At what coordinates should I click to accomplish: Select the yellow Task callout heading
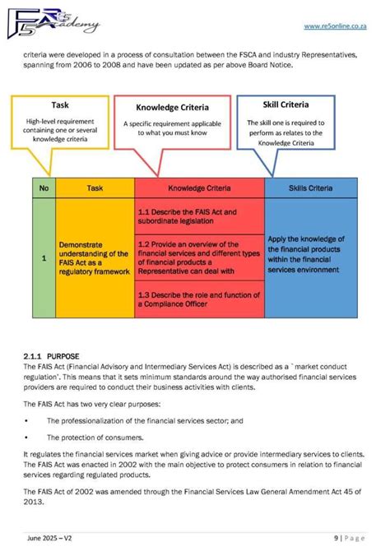(60, 105)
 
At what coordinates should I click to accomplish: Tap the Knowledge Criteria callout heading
(172, 107)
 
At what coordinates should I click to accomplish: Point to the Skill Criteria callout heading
(286, 105)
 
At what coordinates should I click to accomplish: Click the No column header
(43, 188)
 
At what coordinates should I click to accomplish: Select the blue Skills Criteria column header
(311, 188)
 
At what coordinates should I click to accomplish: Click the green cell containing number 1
(43, 258)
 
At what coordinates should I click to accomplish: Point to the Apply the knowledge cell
(311, 254)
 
